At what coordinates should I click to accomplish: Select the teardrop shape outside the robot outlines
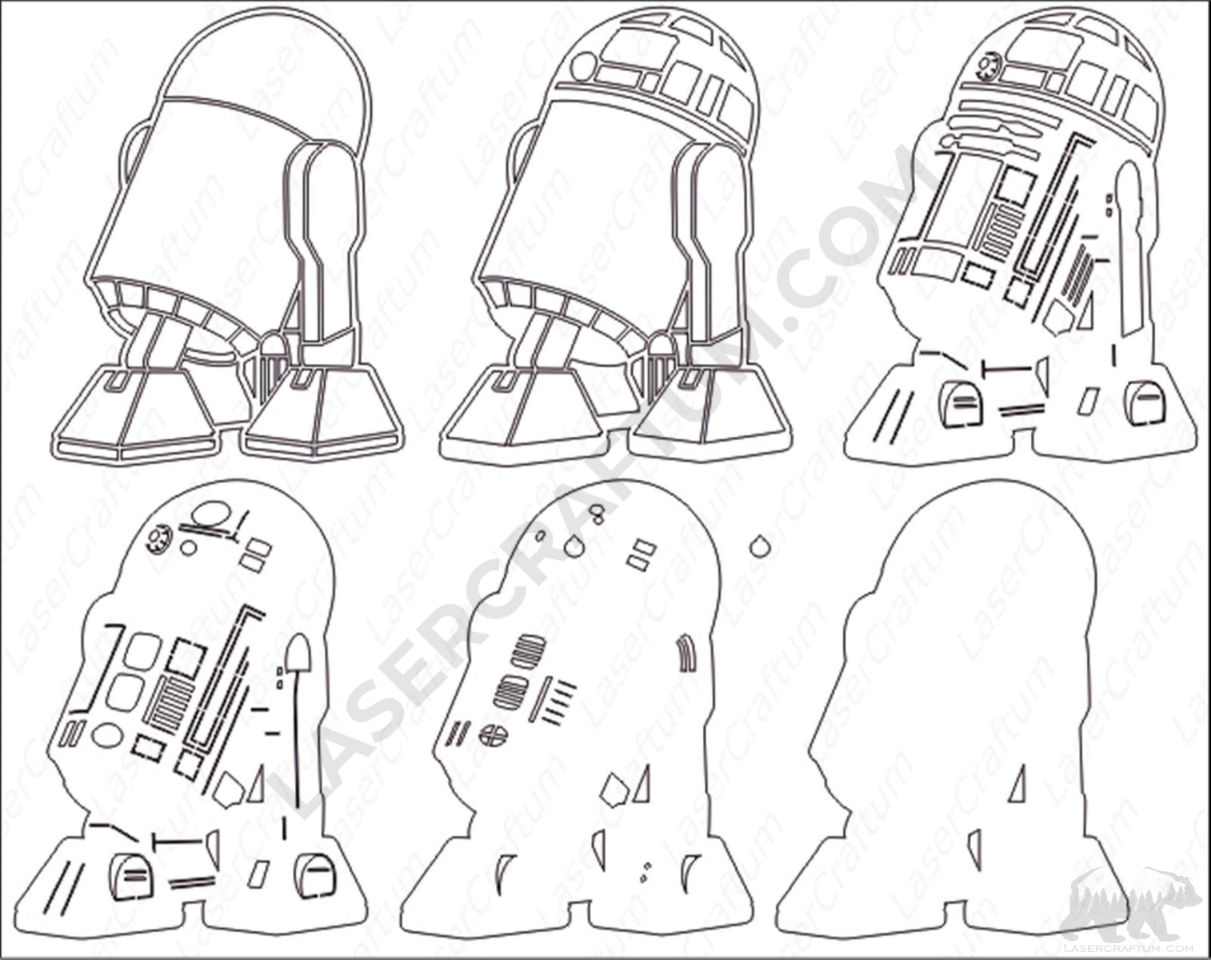[758, 546]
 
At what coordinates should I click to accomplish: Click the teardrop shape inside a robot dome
[574, 546]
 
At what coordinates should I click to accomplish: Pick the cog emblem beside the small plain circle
[158, 538]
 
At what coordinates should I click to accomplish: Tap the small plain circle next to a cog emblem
[188, 546]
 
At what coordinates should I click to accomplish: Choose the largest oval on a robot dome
[212, 515]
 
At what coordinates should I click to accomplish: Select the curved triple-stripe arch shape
[687, 654]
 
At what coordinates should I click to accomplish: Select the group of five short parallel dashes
[557, 701]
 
